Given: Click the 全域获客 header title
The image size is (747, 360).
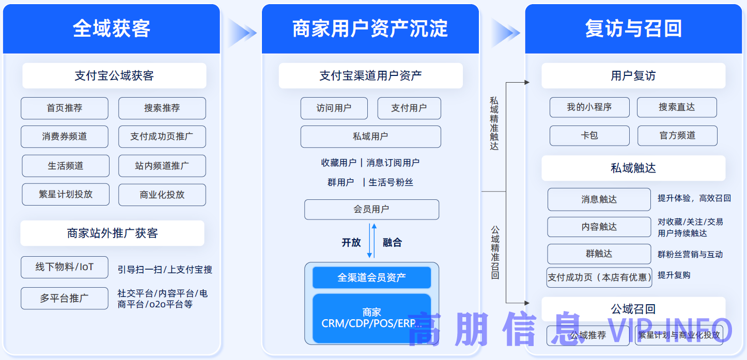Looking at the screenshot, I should [x=112, y=28].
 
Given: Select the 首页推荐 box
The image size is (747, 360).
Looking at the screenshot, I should [x=65, y=108].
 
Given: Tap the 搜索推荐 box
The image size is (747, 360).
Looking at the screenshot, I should [x=162, y=108].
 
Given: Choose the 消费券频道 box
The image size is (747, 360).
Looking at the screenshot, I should [x=65, y=137].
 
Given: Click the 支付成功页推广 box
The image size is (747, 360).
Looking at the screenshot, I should [x=162, y=137].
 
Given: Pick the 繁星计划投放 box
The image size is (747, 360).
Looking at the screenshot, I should [x=66, y=195].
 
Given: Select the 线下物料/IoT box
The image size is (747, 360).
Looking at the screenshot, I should [x=65, y=267].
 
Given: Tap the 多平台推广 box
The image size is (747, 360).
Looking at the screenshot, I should [x=65, y=299].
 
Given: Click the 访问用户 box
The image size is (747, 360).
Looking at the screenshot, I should [x=334, y=108].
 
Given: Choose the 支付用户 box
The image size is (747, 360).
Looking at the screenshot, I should [x=409, y=108].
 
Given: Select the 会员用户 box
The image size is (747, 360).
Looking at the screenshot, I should [x=371, y=210].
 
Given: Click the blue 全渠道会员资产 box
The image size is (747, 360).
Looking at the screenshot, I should [x=371, y=278].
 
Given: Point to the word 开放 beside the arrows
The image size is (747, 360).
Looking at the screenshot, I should [x=351, y=243].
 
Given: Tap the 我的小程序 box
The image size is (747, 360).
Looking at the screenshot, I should [x=589, y=107].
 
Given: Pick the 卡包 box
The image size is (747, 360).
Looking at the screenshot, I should [x=589, y=136].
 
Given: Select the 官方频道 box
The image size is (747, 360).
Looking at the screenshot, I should [x=677, y=136].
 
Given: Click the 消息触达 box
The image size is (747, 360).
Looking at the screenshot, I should [x=599, y=199].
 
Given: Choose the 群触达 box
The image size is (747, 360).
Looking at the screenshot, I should [x=599, y=254].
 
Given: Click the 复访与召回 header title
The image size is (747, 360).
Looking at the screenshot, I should [x=633, y=28].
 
